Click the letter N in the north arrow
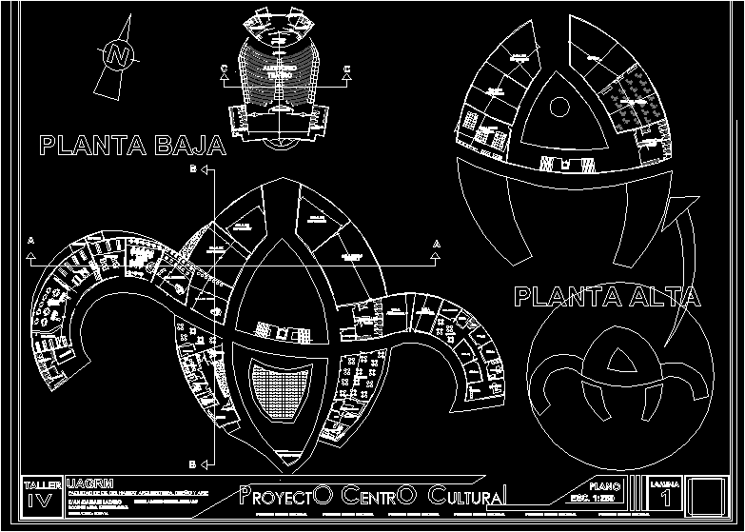[118, 55]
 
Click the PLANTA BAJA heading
[132, 146]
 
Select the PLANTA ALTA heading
[607, 297]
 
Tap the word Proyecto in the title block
[285, 496]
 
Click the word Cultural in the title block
[467, 496]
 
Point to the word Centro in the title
[379, 496]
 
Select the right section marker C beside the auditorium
[347, 68]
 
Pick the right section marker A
[437, 245]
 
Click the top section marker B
[194, 169]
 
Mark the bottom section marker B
[194, 464]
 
